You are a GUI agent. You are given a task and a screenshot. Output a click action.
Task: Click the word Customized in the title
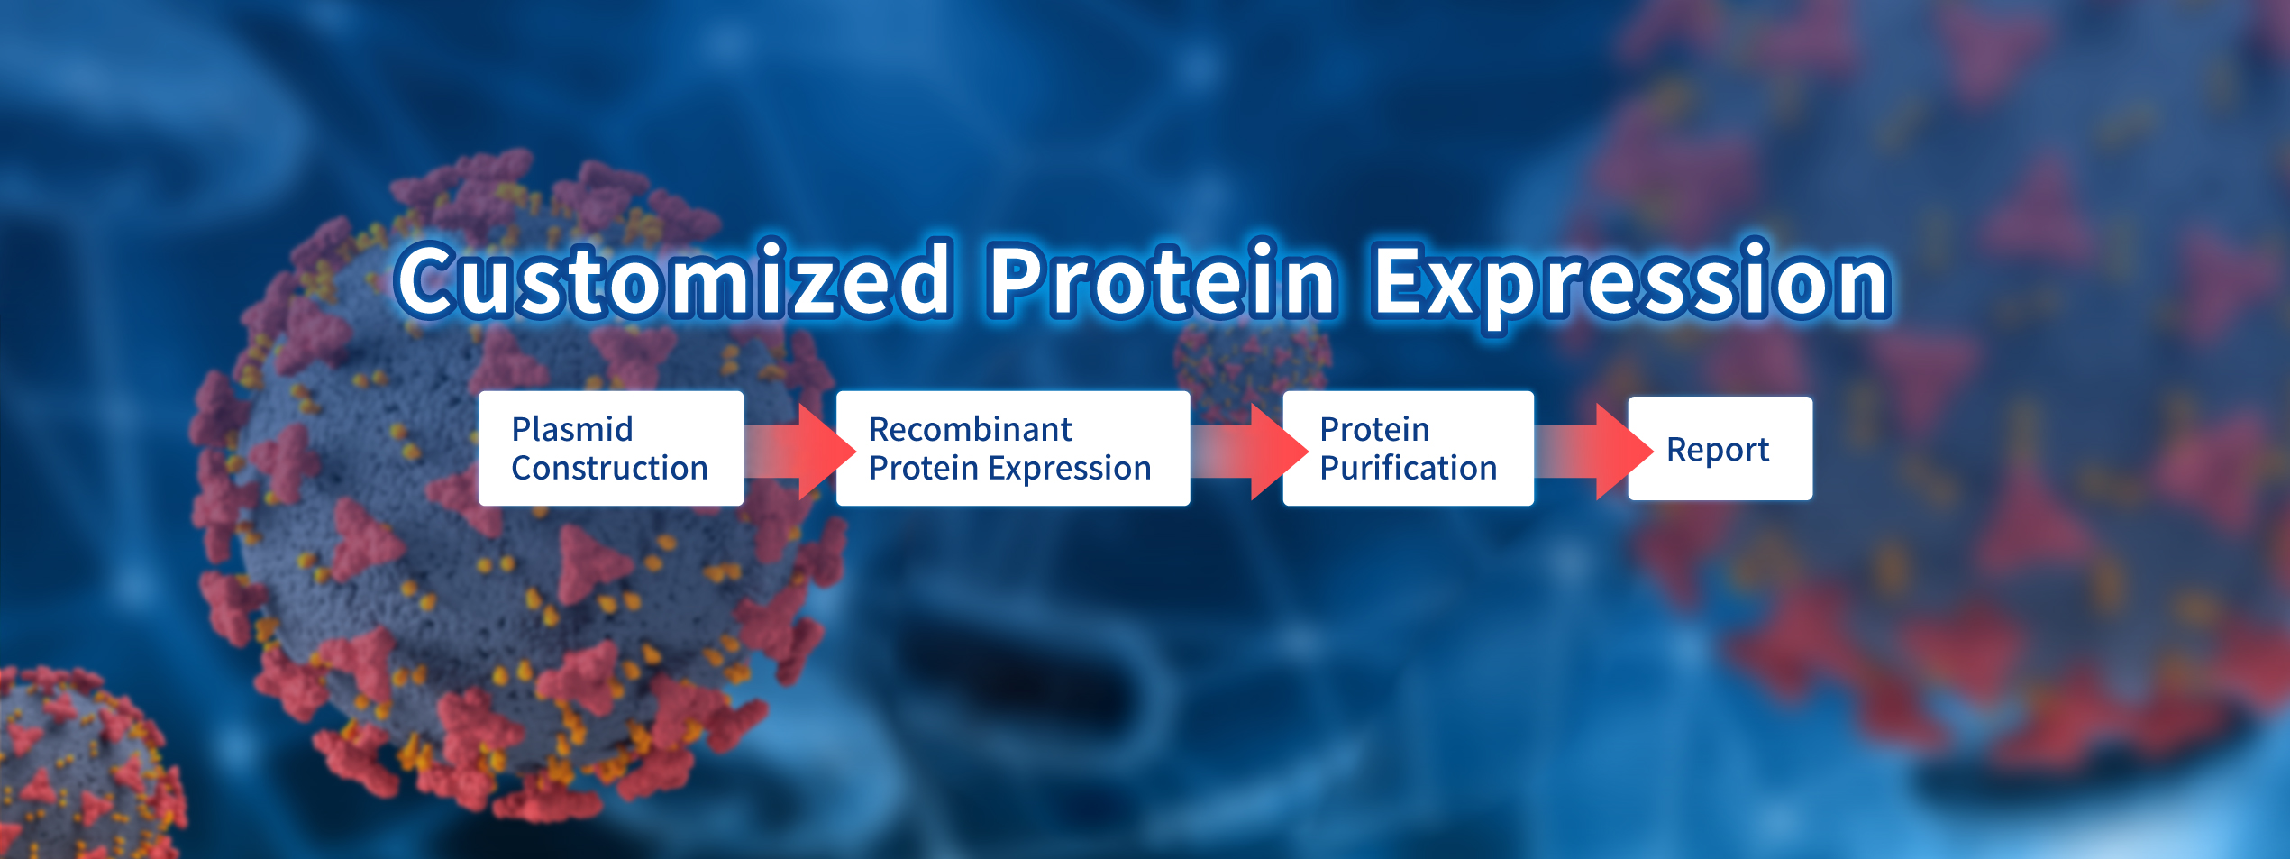(x=674, y=279)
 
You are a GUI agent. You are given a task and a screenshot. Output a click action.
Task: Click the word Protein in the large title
(x=1163, y=279)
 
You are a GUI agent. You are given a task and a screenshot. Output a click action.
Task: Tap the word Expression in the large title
(x=1631, y=285)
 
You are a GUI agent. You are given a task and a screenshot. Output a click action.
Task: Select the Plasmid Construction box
(x=611, y=448)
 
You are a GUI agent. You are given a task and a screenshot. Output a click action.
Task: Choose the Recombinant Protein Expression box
(x=1013, y=448)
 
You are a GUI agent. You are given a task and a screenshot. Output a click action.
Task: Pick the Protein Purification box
(x=1409, y=448)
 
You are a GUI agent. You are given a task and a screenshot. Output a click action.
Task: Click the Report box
(x=1720, y=448)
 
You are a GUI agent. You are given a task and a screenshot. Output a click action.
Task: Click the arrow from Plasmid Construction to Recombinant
(x=800, y=451)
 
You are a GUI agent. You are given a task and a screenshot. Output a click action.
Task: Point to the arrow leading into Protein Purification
(x=1250, y=451)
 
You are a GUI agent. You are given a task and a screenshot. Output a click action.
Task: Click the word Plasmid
(x=572, y=429)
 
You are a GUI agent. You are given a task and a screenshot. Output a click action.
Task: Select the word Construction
(x=609, y=468)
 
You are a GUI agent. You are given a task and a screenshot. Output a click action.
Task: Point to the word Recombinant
(x=971, y=429)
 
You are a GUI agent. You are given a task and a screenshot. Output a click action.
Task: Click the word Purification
(x=1409, y=468)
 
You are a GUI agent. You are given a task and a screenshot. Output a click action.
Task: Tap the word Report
(x=1718, y=450)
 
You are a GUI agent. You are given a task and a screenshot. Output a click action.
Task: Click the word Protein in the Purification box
(x=1375, y=429)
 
